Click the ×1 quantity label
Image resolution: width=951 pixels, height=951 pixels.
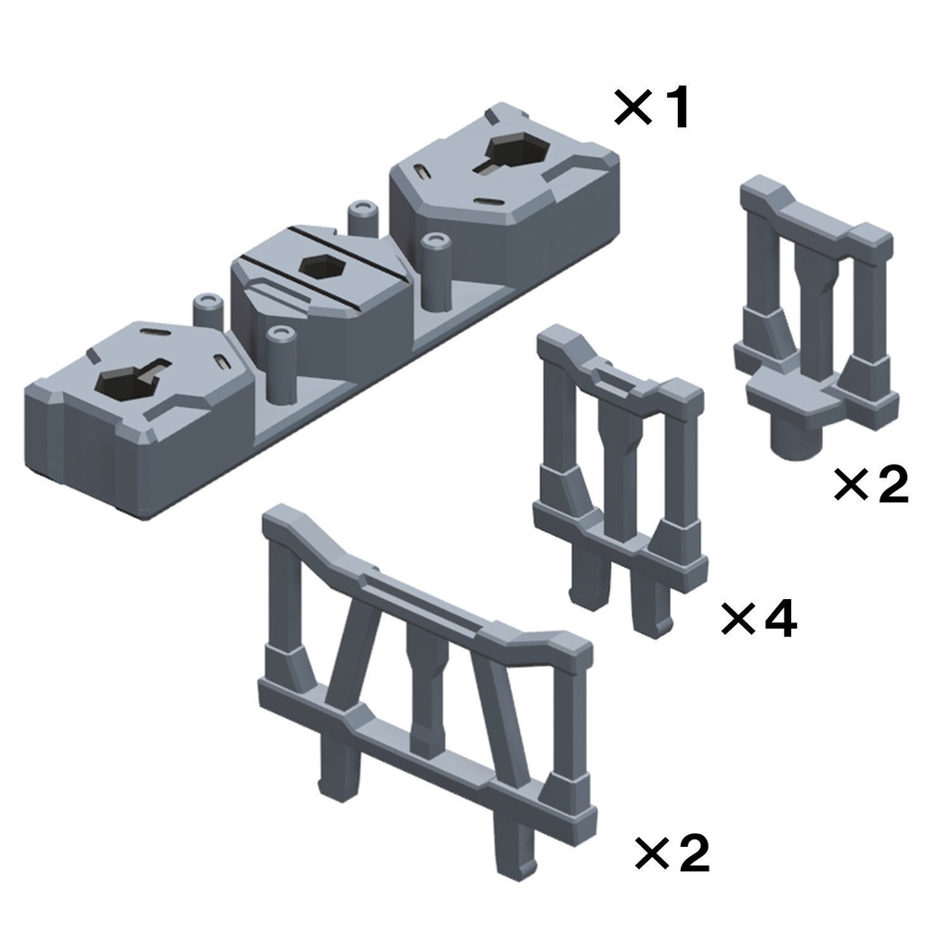tap(652, 108)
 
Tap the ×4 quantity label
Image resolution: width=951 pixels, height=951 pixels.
tap(758, 619)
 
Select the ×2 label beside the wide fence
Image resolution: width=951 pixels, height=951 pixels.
tap(672, 853)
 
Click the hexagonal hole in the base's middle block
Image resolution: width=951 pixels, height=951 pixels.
tap(323, 267)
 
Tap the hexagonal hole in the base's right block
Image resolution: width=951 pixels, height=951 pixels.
tap(515, 151)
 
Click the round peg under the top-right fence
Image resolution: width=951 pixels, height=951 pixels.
tap(796, 438)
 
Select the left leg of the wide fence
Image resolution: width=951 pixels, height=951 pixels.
tap(337, 762)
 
